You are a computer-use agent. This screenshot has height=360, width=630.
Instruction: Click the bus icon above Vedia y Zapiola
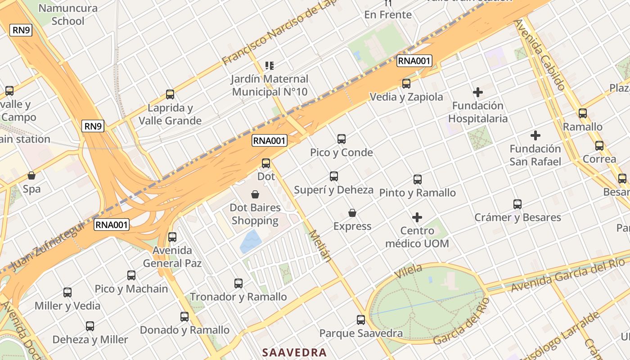pos(406,84)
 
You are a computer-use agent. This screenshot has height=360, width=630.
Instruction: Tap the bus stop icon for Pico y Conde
pos(342,139)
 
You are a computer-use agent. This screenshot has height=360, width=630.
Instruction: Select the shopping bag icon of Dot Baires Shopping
pos(255,194)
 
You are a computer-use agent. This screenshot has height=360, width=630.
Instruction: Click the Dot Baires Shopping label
pos(255,214)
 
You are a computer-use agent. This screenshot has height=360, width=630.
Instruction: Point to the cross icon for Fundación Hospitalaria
pos(478,93)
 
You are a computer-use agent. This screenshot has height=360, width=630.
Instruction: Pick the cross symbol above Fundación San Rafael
pos(535,135)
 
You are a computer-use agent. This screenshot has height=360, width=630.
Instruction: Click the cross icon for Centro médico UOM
pos(417,217)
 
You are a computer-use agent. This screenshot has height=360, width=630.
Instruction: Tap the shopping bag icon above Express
pos(352,213)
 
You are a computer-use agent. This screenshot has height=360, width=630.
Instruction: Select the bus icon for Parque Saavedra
pos(361,320)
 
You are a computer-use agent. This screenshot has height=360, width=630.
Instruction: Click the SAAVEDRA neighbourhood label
pos(294,352)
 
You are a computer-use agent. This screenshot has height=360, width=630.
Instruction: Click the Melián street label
pos(321,246)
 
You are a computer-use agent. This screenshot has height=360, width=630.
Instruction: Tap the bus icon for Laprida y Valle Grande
pos(170,94)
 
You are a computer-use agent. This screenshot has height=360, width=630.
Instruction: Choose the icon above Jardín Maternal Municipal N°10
pos(270,66)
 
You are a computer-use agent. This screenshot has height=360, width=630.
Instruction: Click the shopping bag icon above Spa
pos(31,175)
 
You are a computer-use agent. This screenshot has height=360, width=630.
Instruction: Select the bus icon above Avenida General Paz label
pos(172,237)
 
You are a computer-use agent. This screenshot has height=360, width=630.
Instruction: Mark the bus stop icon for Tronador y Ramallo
pos(238,283)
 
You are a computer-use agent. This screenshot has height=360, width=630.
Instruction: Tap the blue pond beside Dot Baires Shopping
pos(250,242)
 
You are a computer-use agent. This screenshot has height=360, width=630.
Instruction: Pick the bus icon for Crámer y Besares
pos(517,204)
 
